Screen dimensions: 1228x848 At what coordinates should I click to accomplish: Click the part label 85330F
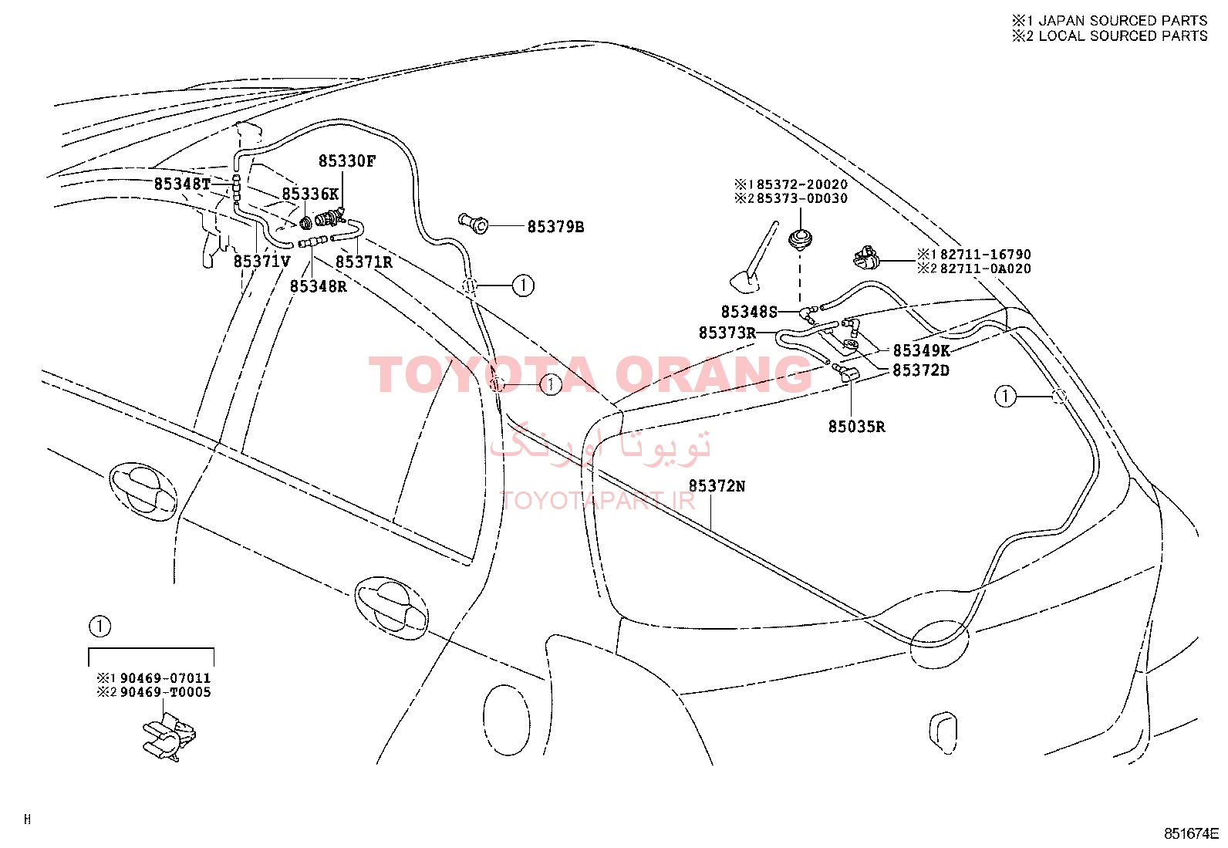pyautogui.click(x=347, y=161)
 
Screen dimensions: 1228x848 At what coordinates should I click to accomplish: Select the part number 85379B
pyautogui.click(x=555, y=227)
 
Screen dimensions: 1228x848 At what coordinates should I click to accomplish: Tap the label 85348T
pyautogui.click(x=182, y=184)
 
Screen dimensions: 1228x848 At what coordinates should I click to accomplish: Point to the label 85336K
pyautogui.click(x=310, y=194)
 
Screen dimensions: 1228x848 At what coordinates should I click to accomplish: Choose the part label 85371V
pyautogui.click(x=262, y=261)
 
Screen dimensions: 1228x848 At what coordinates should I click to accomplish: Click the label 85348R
pyautogui.click(x=319, y=286)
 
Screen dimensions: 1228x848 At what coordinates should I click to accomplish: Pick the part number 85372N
pyautogui.click(x=717, y=486)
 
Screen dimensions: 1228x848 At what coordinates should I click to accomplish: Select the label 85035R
pyautogui.click(x=856, y=426)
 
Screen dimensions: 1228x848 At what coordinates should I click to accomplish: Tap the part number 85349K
pyautogui.click(x=921, y=350)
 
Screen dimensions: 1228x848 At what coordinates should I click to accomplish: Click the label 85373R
pyautogui.click(x=727, y=333)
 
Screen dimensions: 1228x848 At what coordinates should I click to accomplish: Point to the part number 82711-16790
pyautogui.click(x=986, y=255)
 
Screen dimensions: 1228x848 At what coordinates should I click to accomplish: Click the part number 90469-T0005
pyautogui.click(x=166, y=692)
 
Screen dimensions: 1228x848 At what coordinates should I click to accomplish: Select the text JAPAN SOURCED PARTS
pyautogui.click(x=1123, y=21)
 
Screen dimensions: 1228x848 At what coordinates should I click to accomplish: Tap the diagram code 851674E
pyautogui.click(x=1191, y=834)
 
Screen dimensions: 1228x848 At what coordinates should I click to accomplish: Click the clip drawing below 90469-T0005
pyautogui.click(x=169, y=737)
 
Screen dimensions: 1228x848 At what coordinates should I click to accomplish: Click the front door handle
pyautogui.click(x=143, y=491)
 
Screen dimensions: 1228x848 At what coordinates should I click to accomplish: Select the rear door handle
pyautogui.click(x=391, y=608)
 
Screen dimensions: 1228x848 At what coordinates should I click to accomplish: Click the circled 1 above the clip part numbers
pyautogui.click(x=100, y=626)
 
